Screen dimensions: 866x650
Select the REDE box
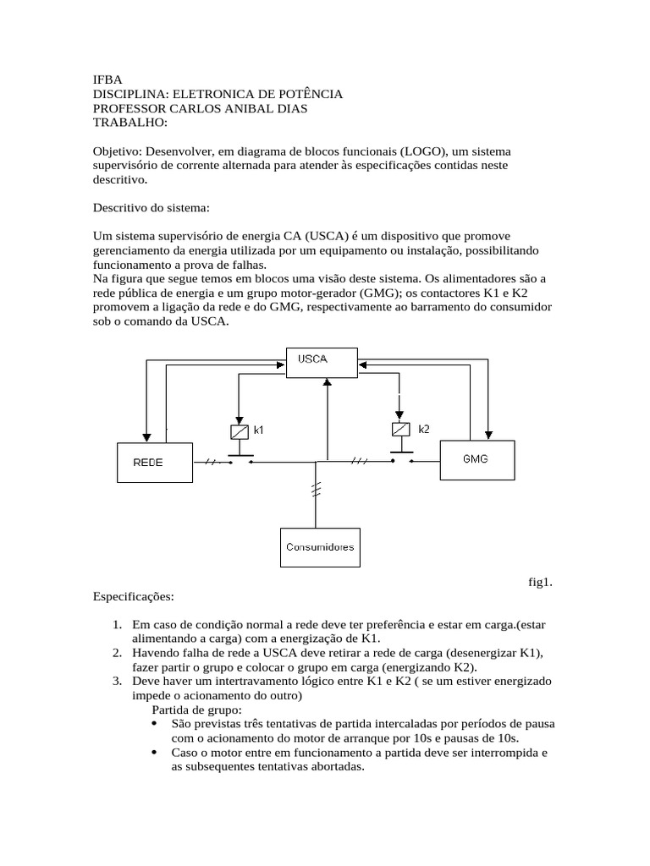point(149,463)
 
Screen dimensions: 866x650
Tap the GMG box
point(476,458)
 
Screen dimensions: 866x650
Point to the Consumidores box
point(320,547)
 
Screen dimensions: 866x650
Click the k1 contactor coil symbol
point(239,431)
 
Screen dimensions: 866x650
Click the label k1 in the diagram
point(259,430)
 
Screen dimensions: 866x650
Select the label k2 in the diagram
point(424,429)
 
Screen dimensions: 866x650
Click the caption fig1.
point(540,582)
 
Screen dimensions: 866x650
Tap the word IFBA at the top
point(107,79)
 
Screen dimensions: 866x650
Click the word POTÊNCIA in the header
point(308,94)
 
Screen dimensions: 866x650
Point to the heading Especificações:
point(133,596)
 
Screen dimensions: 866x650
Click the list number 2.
point(117,654)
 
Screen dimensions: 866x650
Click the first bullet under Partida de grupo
point(152,724)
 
